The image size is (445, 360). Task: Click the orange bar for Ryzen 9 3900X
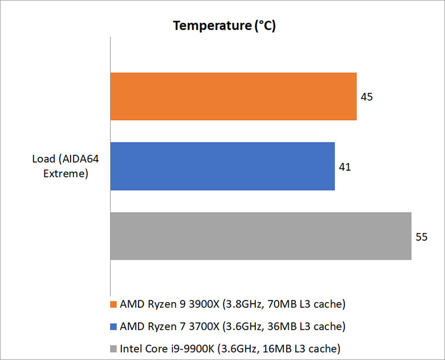click(233, 96)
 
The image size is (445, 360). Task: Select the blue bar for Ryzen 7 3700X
click(222, 166)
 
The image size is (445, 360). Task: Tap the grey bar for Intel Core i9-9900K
click(260, 236)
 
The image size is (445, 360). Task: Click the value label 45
click(367, 97)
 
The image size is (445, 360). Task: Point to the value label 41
click(345, 167)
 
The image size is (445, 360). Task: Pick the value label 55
click(422, 237)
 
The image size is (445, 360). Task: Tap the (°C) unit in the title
click(265, 26)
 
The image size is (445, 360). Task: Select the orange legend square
click(113, 304)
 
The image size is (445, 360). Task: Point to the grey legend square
click(113, 349)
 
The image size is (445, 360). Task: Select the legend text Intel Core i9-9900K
click(159, 349)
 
